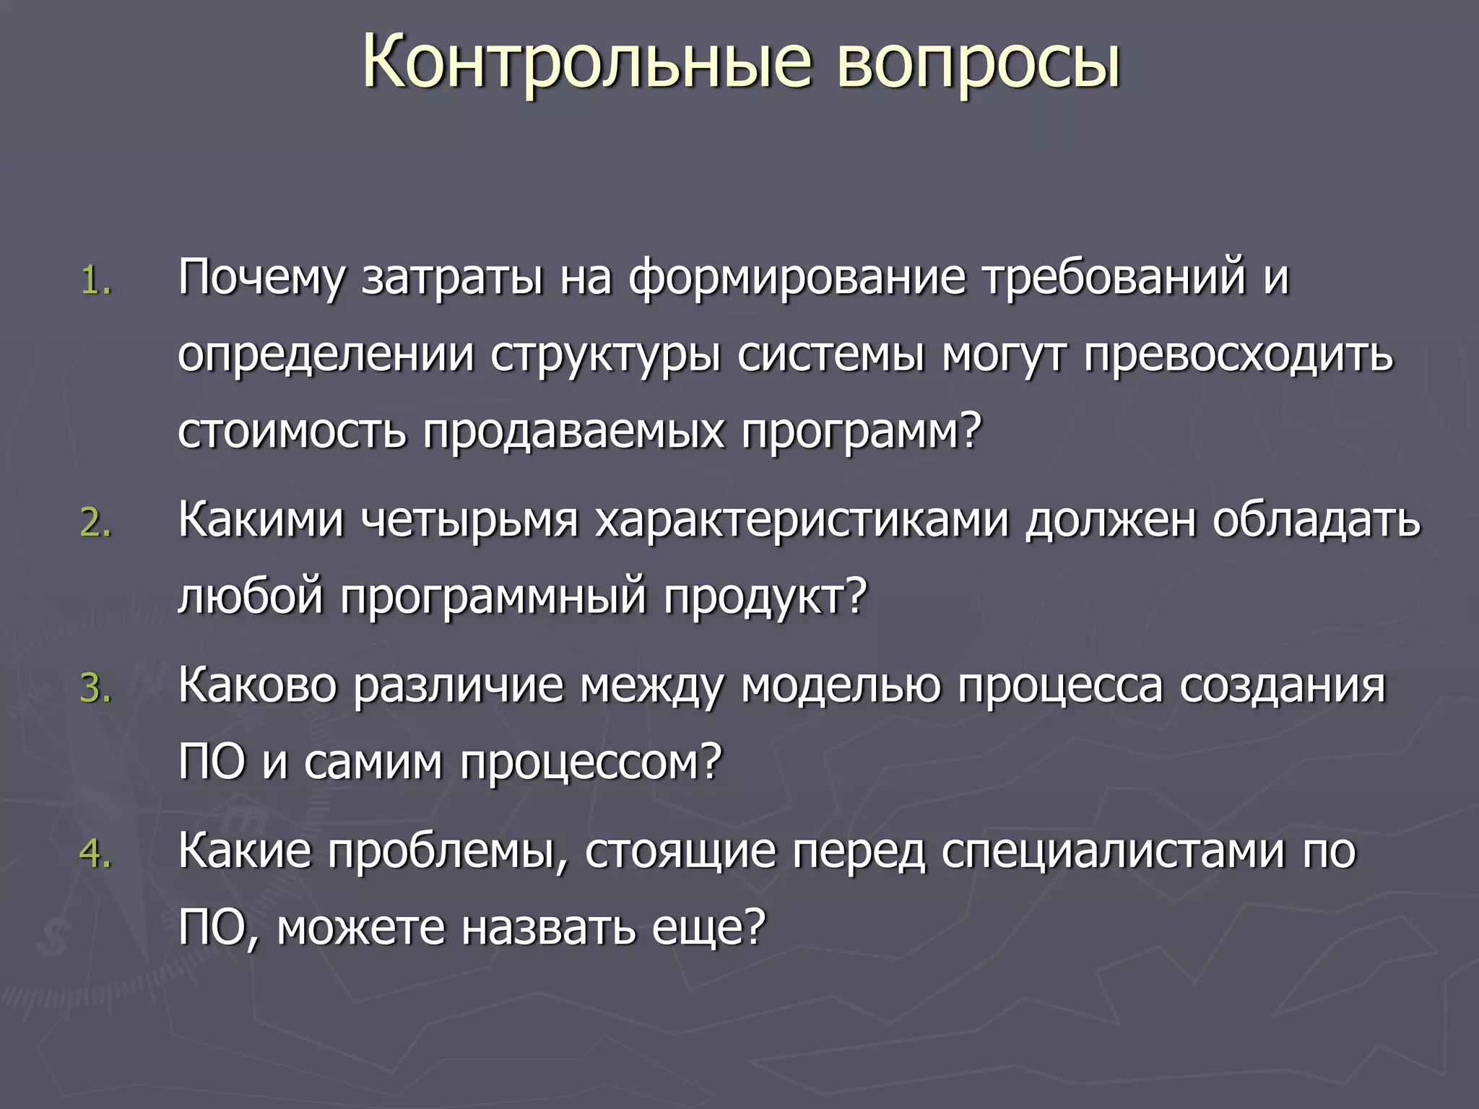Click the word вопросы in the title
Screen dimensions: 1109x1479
[x=979, y=64]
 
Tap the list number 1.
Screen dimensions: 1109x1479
[x=95, y=281]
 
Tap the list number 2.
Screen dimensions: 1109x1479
[x=95, y=523]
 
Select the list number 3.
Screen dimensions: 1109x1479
[x=95, y=688]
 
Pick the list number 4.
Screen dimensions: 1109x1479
[x=95, y=853]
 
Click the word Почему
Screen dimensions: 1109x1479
[x=261, y=279]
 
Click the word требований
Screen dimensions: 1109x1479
[x=1115, y=279]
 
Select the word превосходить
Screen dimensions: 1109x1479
[x=1238, y=356]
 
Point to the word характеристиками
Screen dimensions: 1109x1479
[x=802, y=521]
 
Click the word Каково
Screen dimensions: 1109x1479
[x=258, y=685]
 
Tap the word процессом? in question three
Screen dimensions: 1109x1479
[x=591, y=762]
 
